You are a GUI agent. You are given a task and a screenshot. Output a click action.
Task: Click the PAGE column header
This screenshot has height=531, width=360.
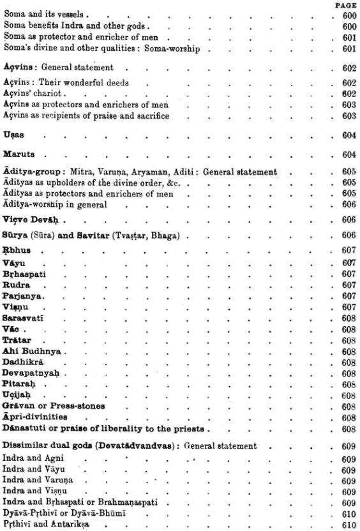point(344,5)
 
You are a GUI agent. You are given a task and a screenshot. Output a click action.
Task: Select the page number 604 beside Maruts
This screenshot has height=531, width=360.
point(348,155)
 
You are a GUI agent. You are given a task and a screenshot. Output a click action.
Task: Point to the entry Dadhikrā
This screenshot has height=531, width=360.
point(23,361)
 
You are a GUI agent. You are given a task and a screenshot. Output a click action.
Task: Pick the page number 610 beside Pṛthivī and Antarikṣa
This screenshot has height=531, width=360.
point(348,524)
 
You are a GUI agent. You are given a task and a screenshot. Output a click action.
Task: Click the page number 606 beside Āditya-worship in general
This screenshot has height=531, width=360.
point(348,204)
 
